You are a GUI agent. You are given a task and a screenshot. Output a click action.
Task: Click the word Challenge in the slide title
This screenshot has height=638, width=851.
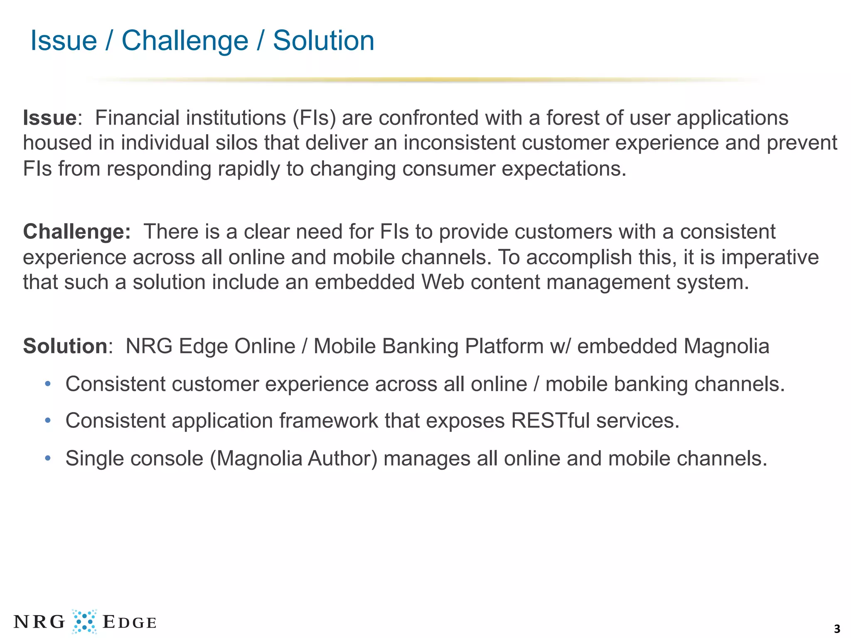click(x=185, y=41)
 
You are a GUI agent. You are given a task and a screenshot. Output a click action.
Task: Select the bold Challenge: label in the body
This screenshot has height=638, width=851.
click(x=77, y=232)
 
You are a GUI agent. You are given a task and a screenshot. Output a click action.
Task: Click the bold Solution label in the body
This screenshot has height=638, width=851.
click(x=66, y=346)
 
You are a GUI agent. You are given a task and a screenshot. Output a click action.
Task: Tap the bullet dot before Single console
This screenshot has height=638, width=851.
click(x=48, y=459)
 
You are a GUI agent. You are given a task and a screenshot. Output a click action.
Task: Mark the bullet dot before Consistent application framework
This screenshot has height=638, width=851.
click(x=48, y=421)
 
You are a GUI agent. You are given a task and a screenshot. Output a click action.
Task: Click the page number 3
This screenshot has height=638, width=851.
click(x=837, y=629)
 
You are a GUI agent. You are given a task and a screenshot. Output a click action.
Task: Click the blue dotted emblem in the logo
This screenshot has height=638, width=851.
click(x=84, y=621)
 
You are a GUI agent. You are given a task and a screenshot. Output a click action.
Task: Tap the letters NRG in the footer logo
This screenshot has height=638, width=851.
click(x=39, y=622)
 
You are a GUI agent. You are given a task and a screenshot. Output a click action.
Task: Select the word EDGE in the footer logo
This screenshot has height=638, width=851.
click(x=129, y=622)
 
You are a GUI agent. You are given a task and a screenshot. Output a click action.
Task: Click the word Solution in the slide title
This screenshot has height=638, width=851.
click(x=323, y=41)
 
